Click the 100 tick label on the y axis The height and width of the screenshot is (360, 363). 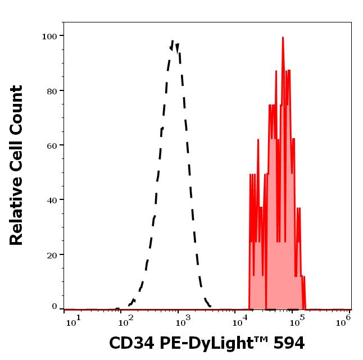pyautogui.click(x=49, y=36)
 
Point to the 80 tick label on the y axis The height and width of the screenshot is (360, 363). pyautogui.click(x=52, y=90)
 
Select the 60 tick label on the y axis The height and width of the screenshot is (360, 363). pyautogui.click(x=52, y=145)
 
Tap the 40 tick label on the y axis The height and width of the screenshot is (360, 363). pyautogui.click(x=52, y=199)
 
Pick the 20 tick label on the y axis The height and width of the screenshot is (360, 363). pyautogui.click(x=52, y=254)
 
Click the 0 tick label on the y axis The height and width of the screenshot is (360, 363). pyautogui.click(x=55, y=307)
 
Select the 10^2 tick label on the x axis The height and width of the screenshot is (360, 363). pyautogui.click(x=128, y=320)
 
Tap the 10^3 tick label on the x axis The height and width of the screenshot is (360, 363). pyautogui.click(x=183, y=320)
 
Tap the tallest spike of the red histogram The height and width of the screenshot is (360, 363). pyautogui.click(x=283, y=38)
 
